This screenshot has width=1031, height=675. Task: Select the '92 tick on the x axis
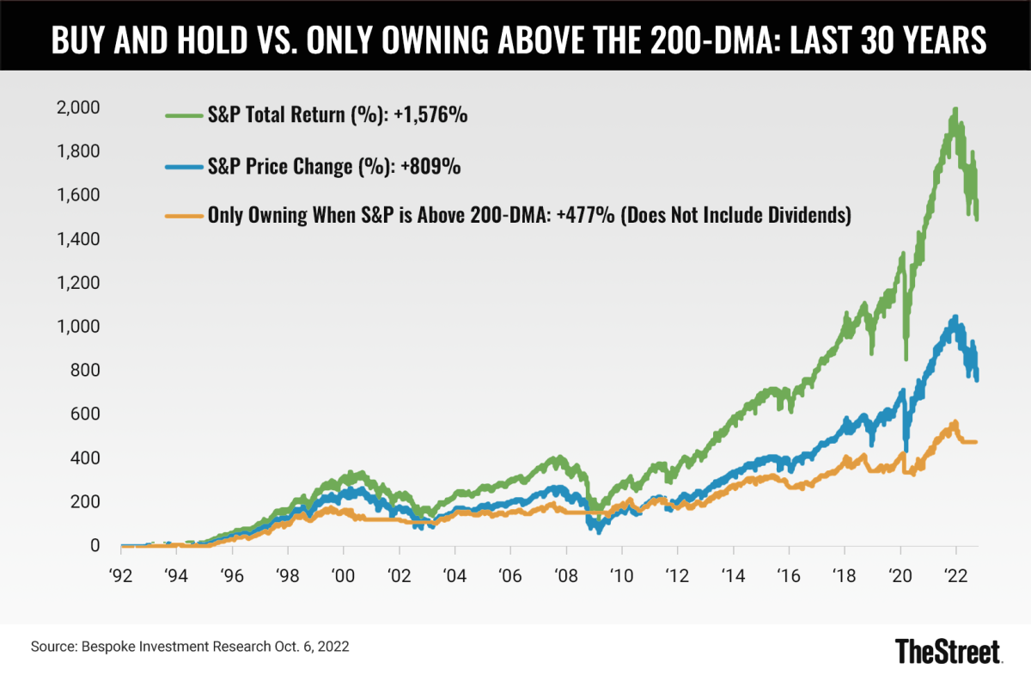(x=120, y=575)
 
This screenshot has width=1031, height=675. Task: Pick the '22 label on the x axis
(x=955, y=575)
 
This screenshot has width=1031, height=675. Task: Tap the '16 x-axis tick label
(x=788, y=575)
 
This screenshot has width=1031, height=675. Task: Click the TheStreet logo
(x=948, y=650)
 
